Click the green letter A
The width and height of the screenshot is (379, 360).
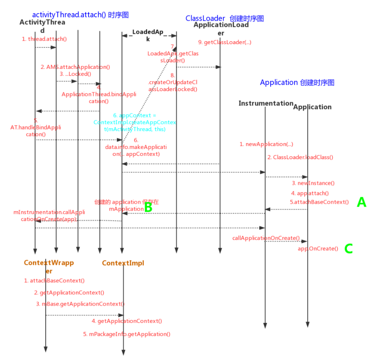(x=361, y=202)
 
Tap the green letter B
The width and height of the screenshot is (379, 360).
(x=148, y=207)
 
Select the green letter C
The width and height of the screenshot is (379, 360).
(x=349, y=249)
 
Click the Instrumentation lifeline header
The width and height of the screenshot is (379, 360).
(x=266, y=103)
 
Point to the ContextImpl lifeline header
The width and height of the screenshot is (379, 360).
(x=123, y=263)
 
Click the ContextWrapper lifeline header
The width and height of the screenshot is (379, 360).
(x=49, y=266)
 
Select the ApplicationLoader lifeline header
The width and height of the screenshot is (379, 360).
(x=221, y=28)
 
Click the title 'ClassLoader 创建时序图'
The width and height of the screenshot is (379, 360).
(x=225, y=18)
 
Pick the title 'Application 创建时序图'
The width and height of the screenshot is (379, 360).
(x=297, y=82)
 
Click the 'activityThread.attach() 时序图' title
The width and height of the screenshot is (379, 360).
(x=80, y=15)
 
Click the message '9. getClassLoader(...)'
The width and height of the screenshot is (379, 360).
(x=225, y=42)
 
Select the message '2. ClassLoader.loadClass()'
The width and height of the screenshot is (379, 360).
(x=300, y=157)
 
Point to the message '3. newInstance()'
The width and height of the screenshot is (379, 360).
(x=313, y=183)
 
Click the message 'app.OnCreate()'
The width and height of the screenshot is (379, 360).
(x=318, y=249)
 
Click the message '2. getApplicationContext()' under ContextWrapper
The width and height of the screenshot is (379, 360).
(x=69, y=292)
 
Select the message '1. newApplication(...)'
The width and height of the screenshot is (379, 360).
(x=266, y=144)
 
